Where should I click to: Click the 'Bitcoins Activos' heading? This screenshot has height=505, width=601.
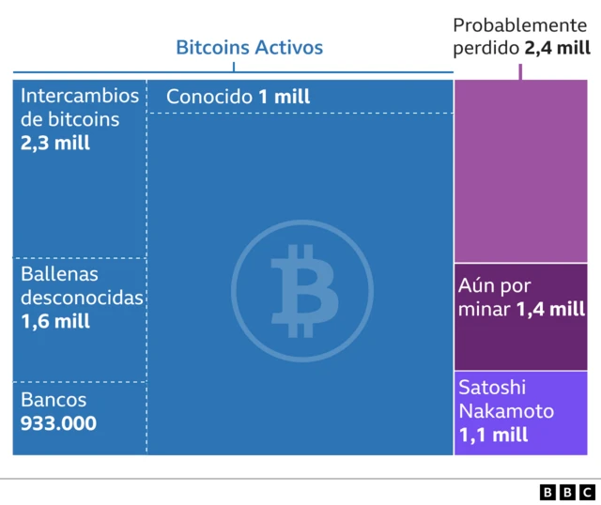pos(249,48)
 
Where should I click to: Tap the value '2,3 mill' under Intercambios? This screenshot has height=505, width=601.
pos(55,144)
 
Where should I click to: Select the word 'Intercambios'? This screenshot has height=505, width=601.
pos(80,96)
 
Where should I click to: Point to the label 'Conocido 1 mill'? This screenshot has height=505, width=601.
pos(238,97)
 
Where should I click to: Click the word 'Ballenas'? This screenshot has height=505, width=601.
pos(59,274)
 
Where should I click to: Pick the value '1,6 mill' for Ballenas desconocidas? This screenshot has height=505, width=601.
pos(55,321)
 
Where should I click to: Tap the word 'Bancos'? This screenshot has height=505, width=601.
pos(53,399)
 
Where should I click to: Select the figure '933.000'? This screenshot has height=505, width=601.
pos(58,423)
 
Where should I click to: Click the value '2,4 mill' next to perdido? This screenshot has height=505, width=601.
pos(558,48)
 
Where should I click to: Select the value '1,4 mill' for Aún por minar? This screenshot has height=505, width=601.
pos(550,309)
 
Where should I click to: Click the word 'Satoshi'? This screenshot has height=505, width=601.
pos(492,387)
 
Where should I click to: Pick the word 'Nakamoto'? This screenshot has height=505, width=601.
pos(505,411)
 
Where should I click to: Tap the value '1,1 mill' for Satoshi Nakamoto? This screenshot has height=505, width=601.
pos(493,435)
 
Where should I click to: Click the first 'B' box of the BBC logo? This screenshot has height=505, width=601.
pos(548,491)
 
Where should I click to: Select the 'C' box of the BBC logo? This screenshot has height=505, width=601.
pos(586,491)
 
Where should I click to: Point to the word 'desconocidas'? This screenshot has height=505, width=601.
pos(82,298)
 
